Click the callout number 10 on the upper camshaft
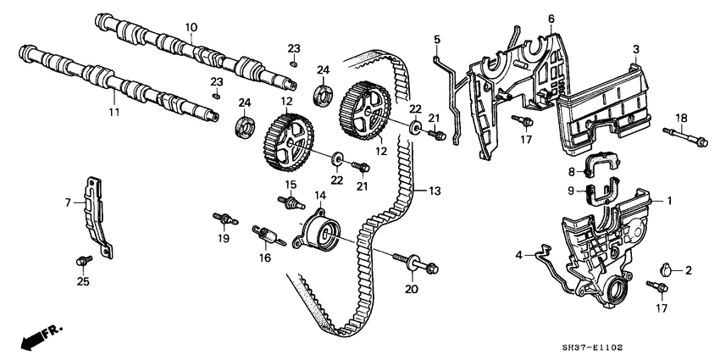191,28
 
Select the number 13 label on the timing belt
435,192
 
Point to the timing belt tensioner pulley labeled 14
318,230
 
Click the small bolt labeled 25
83,257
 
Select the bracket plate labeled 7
95,213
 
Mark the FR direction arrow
36,339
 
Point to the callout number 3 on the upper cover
635,50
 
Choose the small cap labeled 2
666,270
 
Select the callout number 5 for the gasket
438,39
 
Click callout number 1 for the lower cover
668,202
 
